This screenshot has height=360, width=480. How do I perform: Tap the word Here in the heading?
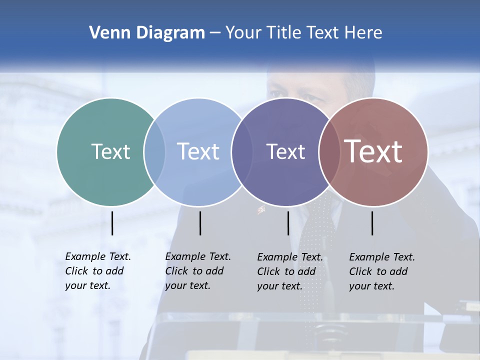[x=363, y=33]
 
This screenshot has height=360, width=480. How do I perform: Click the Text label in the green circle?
[x=110, y=151]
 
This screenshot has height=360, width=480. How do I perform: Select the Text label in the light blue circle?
[x=198, y=151]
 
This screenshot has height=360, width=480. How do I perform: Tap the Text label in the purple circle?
[x=285, y=151]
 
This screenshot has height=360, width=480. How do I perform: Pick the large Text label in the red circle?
[x=373, y=151]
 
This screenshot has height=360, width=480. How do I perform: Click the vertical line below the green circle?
[x=112, y=223]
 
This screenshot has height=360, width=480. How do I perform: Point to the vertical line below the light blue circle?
[x=200, y=223]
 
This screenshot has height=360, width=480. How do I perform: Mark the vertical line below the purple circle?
[x=288, y=223]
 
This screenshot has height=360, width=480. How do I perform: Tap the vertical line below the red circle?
[x=372, y=223]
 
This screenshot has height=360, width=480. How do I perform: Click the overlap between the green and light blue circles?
[x=154, y=151]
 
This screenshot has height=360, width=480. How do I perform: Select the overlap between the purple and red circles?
[x=327, y=151]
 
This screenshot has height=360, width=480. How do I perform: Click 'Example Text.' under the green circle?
[x=98, y=256]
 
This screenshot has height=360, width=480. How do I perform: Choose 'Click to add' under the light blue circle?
[x=194, y=271]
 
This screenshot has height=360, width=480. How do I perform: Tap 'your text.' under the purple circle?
[x=279, y=286]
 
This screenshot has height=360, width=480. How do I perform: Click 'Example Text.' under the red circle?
[x=382, y=257]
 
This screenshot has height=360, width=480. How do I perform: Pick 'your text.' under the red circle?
[x=371, y=286]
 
